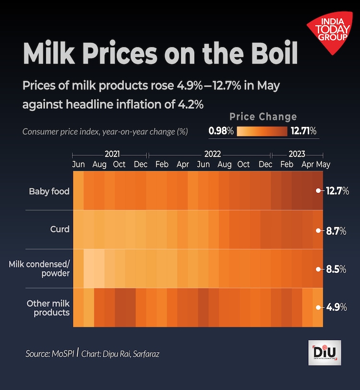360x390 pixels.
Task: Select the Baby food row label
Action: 49,191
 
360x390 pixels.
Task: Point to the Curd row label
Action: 60,229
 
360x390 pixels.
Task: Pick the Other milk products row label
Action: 48,308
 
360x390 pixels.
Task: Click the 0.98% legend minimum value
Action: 221,131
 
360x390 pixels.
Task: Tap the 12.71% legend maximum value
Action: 303,131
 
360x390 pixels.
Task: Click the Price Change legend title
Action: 263,117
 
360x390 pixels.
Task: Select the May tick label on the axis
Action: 323,164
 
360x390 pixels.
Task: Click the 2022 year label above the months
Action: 212,155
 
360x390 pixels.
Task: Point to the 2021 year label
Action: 112,155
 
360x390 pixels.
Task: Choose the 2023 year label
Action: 296,155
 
